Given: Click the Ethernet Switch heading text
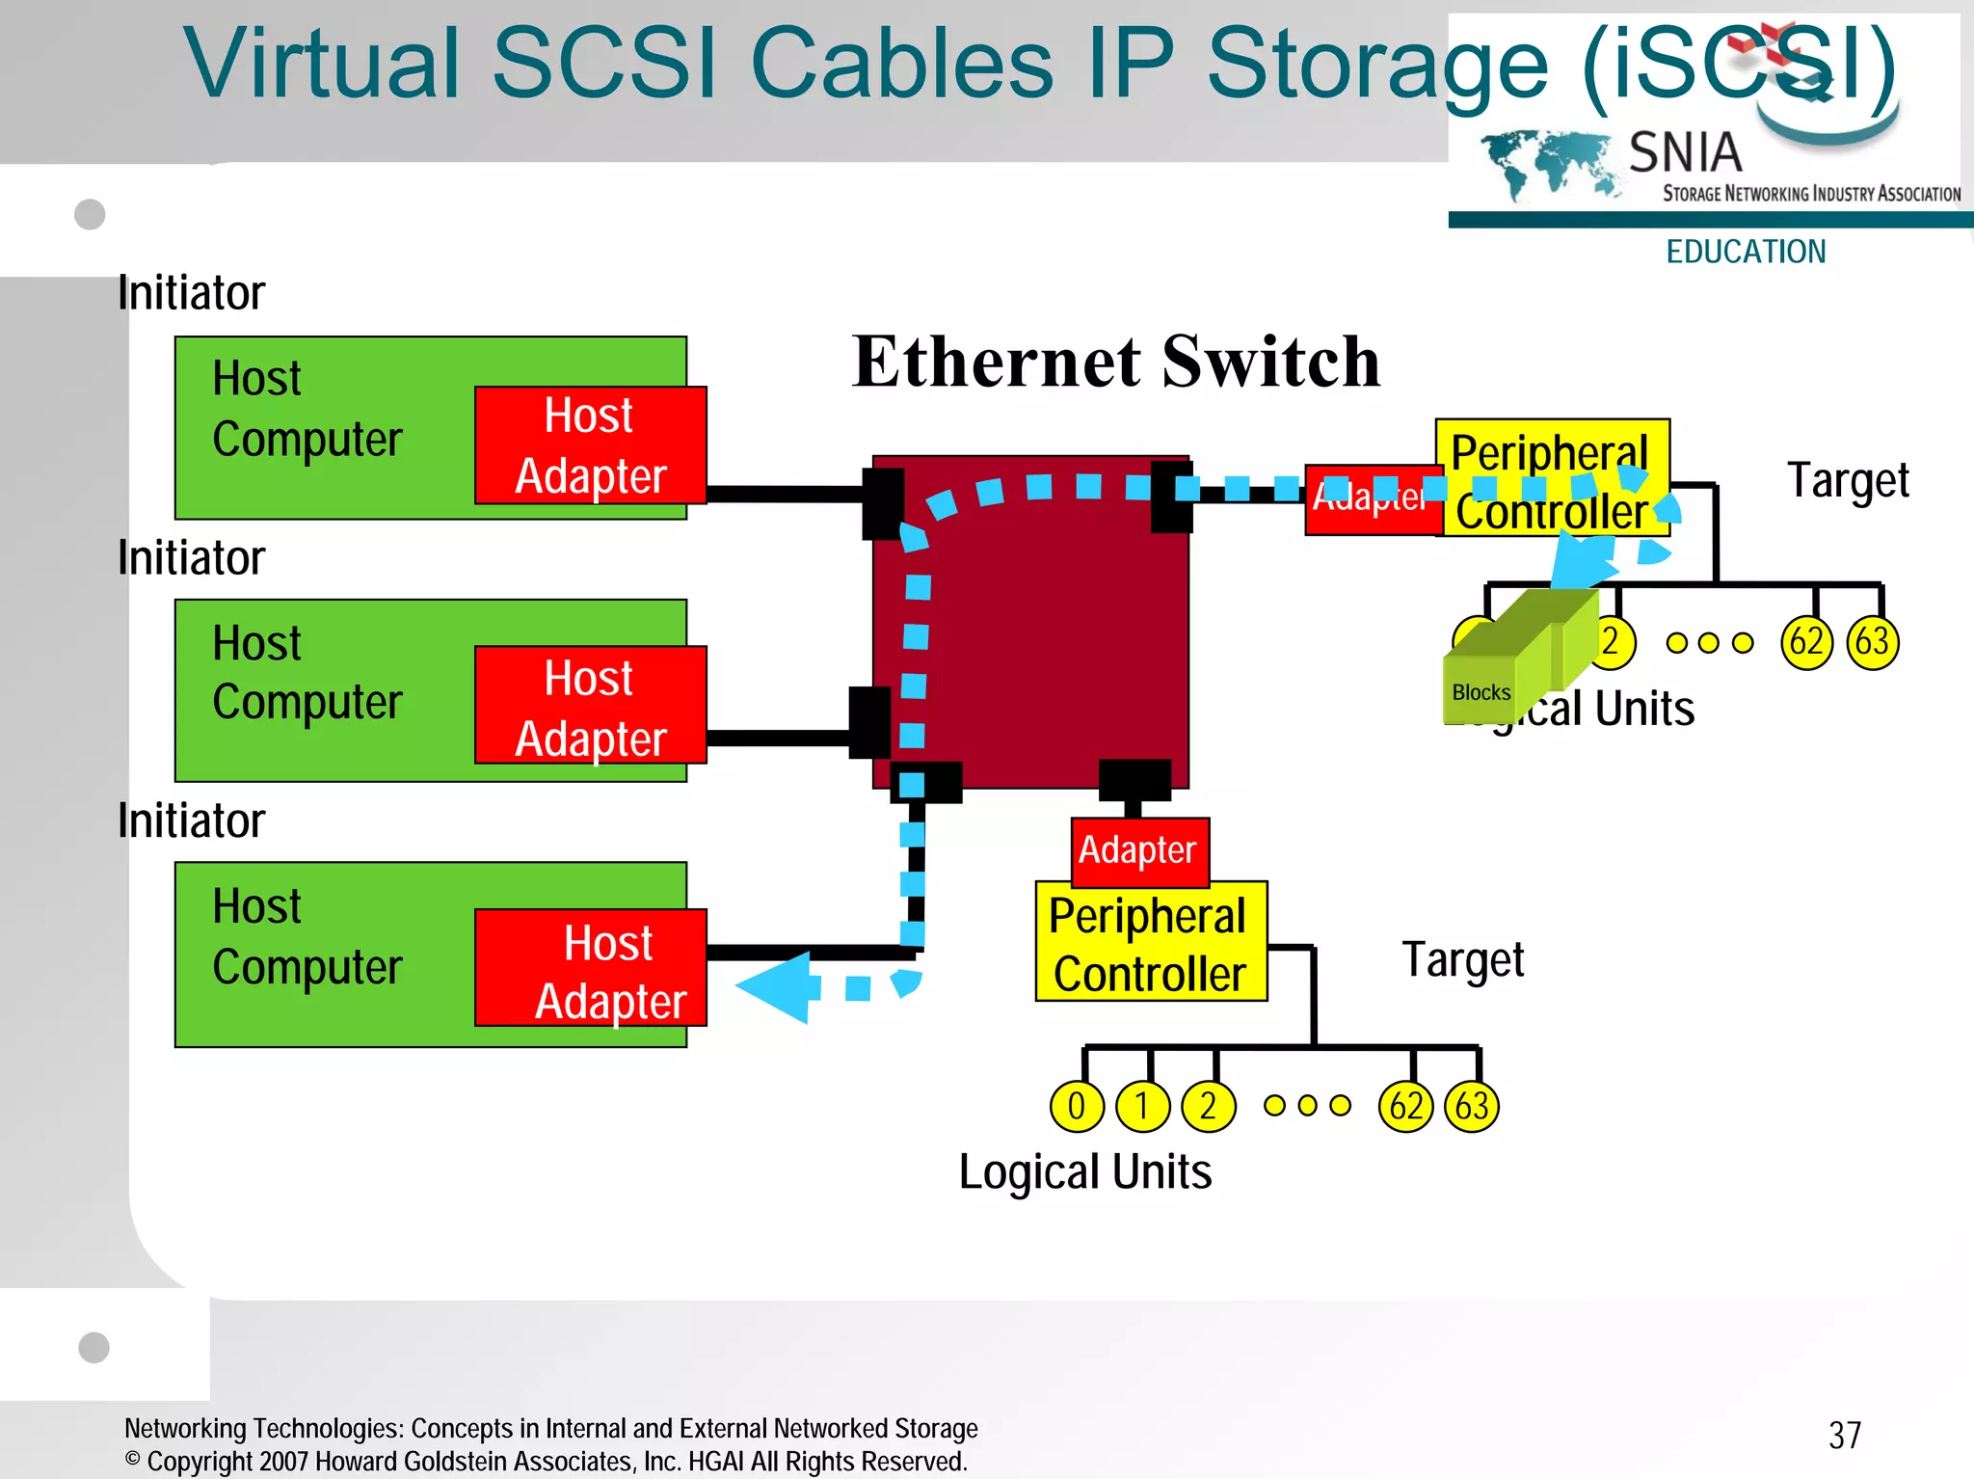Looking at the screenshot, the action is click(x=1115, y=362).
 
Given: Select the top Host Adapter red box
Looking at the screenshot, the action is click(x=590, y=445).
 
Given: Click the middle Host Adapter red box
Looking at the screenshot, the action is click(x=590, y=706).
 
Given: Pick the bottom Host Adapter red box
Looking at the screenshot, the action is click(x=590, y=968).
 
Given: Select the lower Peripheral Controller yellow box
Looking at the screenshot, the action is click(x=1150, y=943).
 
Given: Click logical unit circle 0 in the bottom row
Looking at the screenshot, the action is click(x=1076, y=1106).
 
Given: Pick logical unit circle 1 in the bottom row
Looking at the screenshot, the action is click(x=1141, y=1106).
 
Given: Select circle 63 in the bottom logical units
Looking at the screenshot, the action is click(x=1471, y=1106).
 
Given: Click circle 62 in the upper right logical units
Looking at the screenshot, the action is click(x=1805, y=642).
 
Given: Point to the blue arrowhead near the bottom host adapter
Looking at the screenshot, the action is click(x=776, y=986).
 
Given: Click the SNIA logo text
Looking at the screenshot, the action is click(x=1685, y=152).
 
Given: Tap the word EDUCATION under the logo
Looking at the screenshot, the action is click(x=1746, y=252).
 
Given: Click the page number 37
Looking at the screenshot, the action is click(x=1844, y=1435).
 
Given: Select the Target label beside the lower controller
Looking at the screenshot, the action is click(x=1462, y=960).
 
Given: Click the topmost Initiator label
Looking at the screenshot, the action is click(x=191, y=293).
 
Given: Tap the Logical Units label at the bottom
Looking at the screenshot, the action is click(x=1085, y=1172).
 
